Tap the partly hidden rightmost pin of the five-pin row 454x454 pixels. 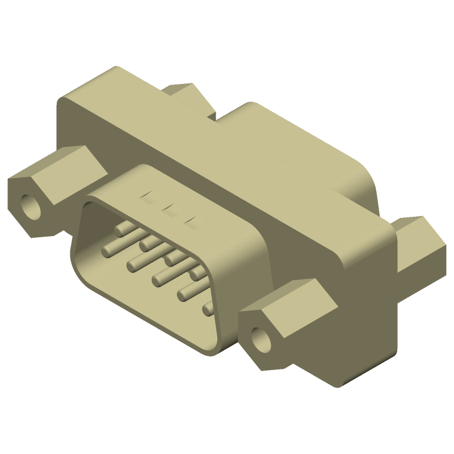(208, 308)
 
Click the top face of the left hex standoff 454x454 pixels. (57, 170)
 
